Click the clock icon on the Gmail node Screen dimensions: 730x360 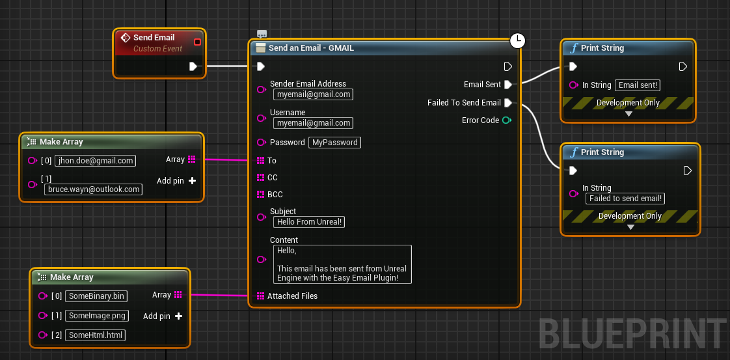(517, 40)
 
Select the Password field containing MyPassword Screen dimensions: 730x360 (334, 143)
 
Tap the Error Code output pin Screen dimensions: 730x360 (507, 120)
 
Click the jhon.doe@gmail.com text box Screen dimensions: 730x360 (96, 161)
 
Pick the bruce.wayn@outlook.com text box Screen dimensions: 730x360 (94, 189)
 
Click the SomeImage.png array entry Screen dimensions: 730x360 (97, 316)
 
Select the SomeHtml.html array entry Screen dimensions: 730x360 (96, 335)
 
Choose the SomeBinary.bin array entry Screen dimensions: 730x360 (96, 296)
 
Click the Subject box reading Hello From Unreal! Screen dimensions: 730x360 (309, 222)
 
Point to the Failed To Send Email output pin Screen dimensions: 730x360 (508, 102)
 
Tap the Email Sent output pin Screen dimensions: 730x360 (508, 85)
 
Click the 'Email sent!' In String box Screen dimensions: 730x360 (638, 85)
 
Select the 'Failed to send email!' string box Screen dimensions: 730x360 (625, 199)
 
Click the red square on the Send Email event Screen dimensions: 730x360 (197, 42)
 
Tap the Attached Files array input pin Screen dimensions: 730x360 (260, 296)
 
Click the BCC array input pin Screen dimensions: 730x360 (260, 194)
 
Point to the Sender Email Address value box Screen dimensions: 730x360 (314, 94)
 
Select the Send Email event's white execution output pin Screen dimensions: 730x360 (193, 66)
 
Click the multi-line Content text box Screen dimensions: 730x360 (343, 264)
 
